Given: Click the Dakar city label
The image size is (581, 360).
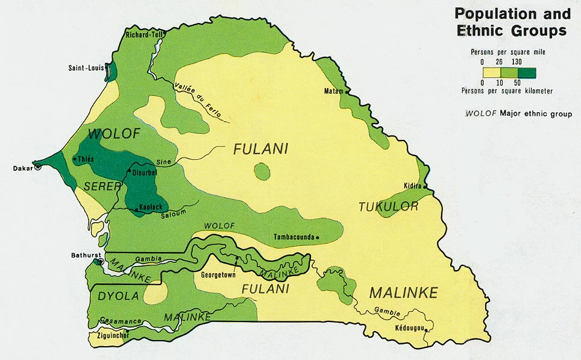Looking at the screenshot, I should point(22,168).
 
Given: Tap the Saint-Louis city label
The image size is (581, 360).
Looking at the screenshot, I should point(85,68).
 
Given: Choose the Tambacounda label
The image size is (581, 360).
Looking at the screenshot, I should point(294,237).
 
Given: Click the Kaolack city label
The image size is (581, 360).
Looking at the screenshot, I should point(148,206).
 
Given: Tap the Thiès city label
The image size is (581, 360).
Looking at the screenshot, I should point(86,159).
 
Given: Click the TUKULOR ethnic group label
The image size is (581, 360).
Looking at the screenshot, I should point(388,207).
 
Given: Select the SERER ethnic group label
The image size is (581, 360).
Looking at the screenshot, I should point(103,186).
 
